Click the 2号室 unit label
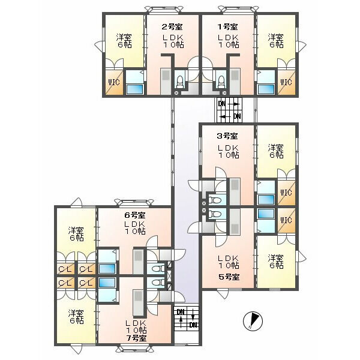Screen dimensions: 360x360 point(172,27)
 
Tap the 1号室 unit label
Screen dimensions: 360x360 point(227,27)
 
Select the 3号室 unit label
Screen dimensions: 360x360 point(227,136)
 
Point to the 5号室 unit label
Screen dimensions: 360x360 point(229,277)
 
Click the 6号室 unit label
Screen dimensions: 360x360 point(135,215)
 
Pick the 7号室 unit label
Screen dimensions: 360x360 point(136,338)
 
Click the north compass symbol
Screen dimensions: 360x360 point(253,321)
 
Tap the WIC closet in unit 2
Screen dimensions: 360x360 point(114,82)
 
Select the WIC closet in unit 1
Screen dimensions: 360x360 point(286,82)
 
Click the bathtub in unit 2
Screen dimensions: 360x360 point(135,89)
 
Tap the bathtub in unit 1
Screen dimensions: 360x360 point(266,89)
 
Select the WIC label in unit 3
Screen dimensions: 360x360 point(286,193)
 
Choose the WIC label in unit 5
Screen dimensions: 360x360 point(286,220)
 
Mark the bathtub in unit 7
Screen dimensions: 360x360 point(107,283)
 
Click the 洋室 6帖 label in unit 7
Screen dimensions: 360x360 point(76,317)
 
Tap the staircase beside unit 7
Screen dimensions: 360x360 point(186,319)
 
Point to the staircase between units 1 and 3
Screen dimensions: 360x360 point(229,110)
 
